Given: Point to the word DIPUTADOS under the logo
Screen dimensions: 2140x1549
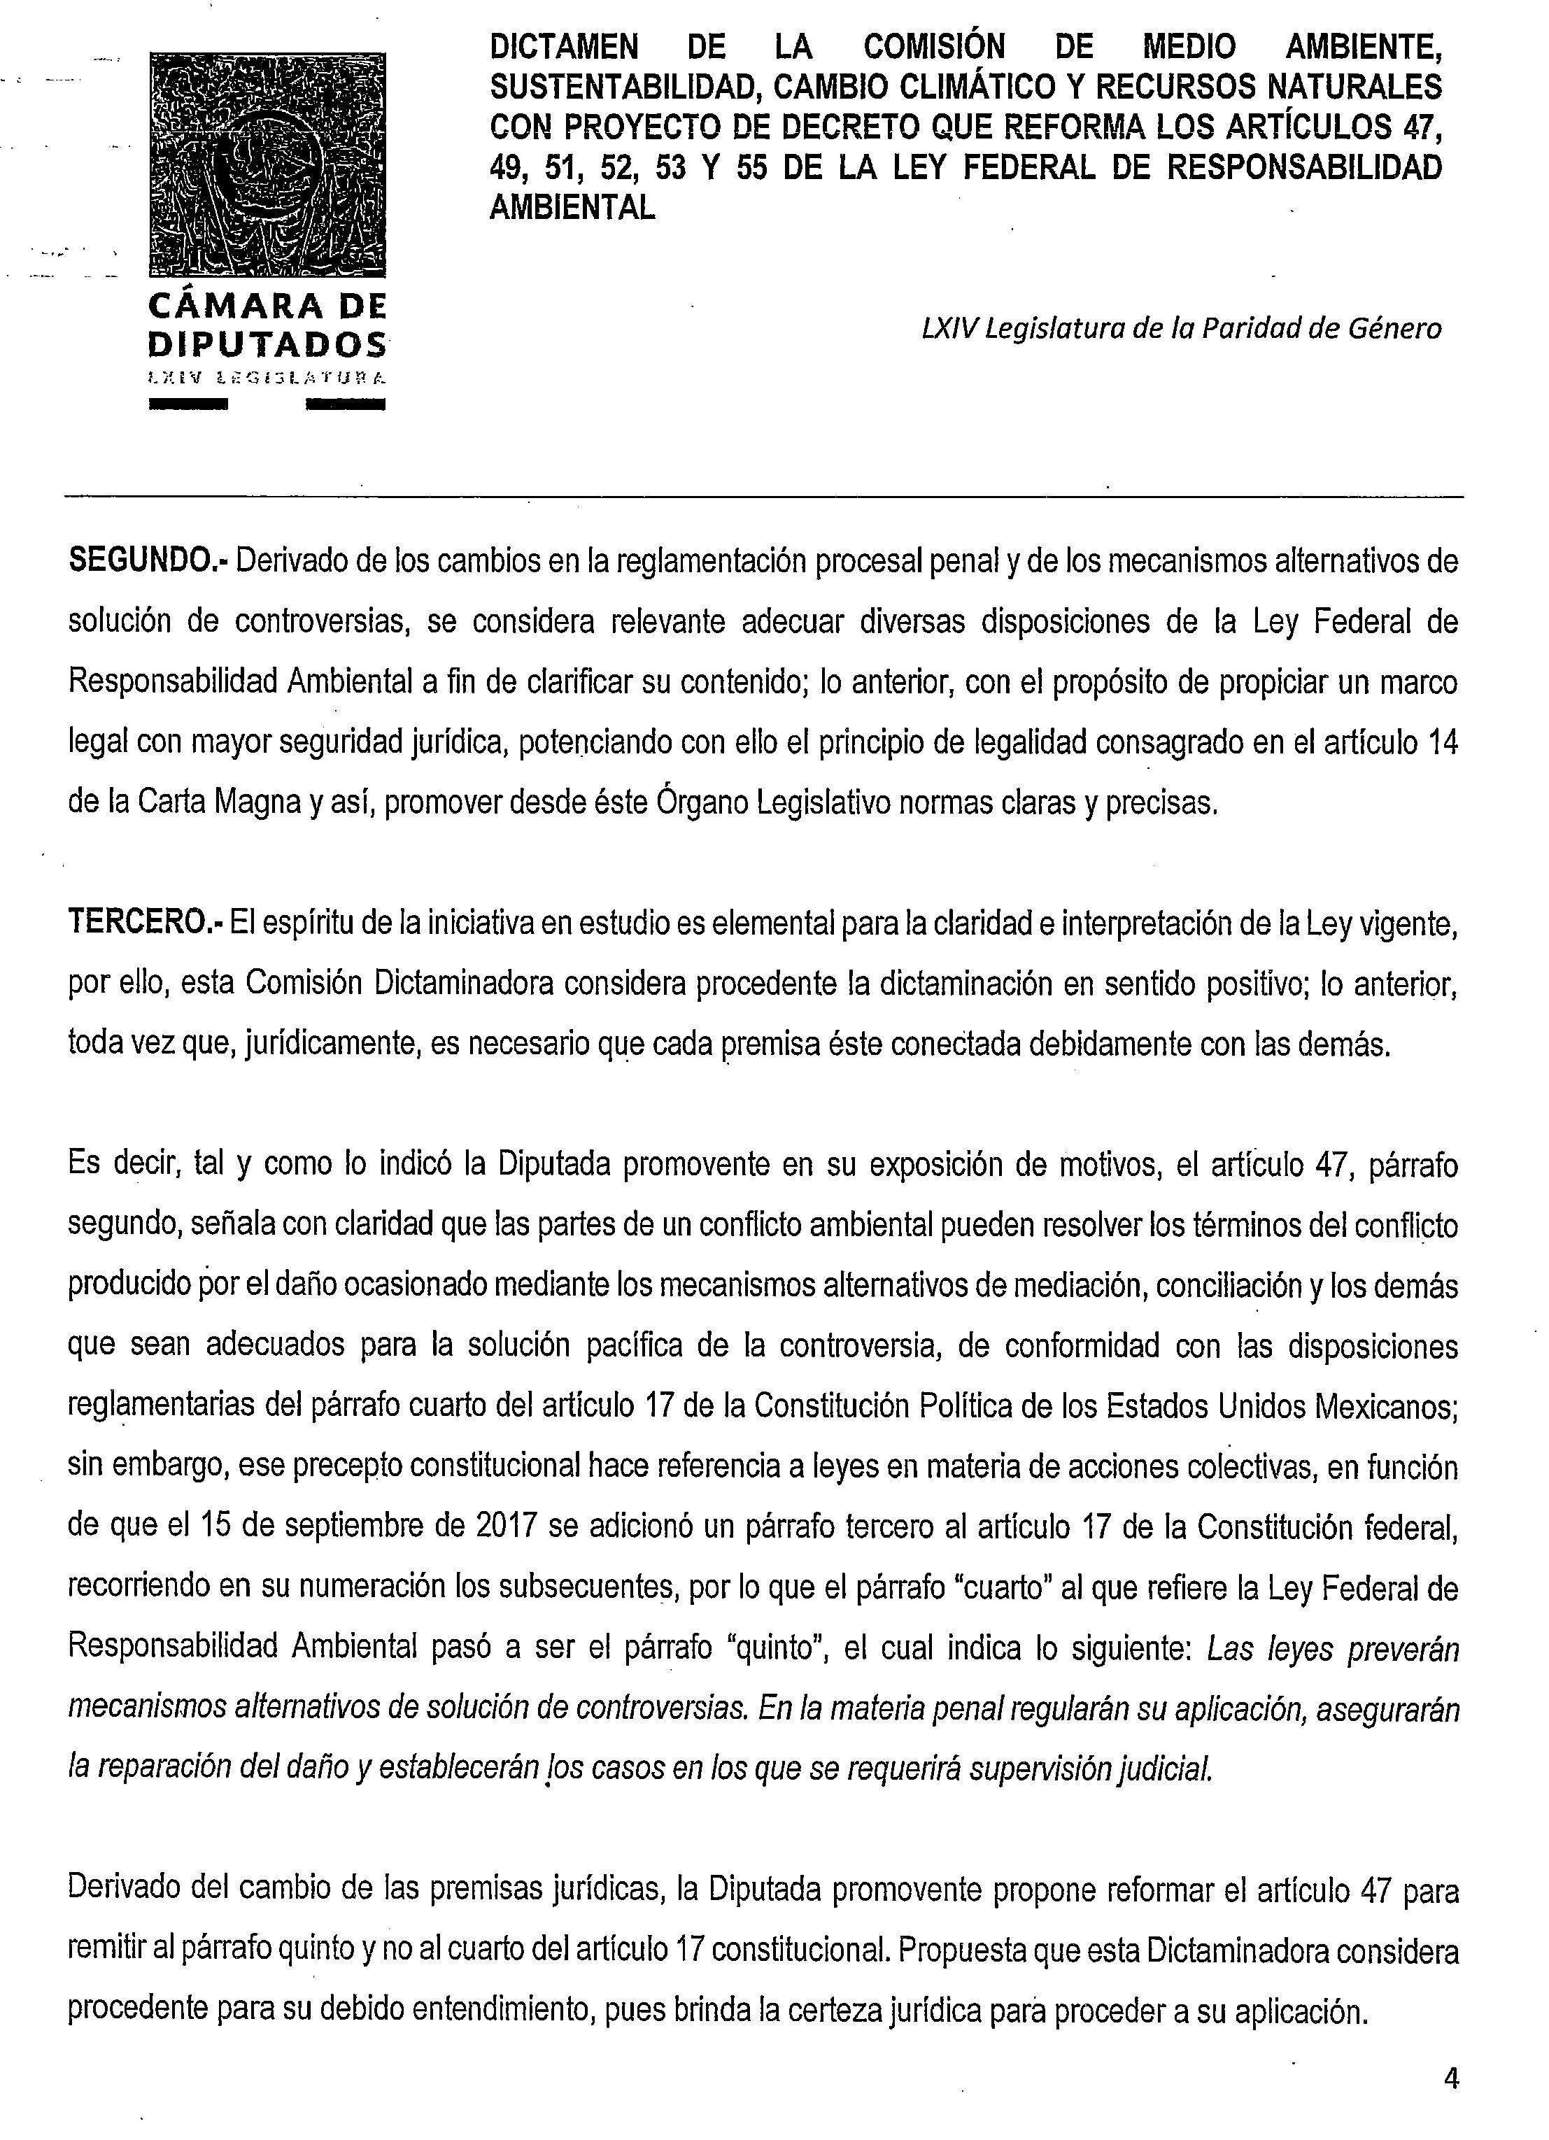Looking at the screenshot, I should [267, 343].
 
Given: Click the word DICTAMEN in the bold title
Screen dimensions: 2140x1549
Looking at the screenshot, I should [563, 46].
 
